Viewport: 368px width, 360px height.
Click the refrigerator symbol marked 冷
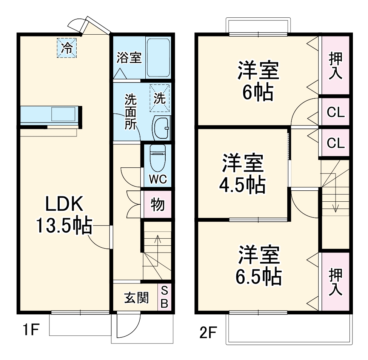point(67,48)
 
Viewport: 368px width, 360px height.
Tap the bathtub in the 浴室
point(158,58)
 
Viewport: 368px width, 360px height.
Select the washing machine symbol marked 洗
point(160,98)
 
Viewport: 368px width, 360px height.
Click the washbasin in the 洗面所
point(161,128)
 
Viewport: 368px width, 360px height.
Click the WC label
point(158,179)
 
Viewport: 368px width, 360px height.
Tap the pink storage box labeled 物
point(157,204)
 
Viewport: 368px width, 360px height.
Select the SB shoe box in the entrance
point(164,297)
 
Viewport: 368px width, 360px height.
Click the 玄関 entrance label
point(137,298)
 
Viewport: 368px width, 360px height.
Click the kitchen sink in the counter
point(63,114)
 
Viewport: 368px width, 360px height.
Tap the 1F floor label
point(31,329)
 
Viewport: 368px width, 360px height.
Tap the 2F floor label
point(208,332)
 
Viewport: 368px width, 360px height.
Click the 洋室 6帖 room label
point(258,81)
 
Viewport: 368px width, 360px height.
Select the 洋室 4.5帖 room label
point(243,173)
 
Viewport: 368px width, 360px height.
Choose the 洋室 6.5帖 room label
point(259,265)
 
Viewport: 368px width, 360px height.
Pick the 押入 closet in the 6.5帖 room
point(336,282)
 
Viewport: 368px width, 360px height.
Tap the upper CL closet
point(336,112)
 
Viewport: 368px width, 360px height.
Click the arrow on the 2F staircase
point(336,193)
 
